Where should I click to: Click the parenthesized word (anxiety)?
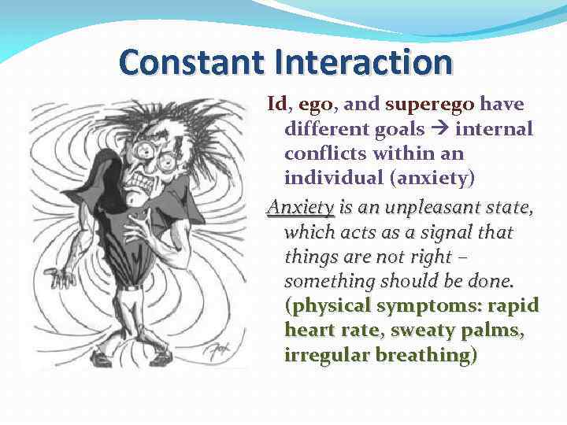[x=434, y=178]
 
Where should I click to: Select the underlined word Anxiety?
[x=301, y=208]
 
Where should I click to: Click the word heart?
[x=310, y=331]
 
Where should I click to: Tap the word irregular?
[x=324, y=355]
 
